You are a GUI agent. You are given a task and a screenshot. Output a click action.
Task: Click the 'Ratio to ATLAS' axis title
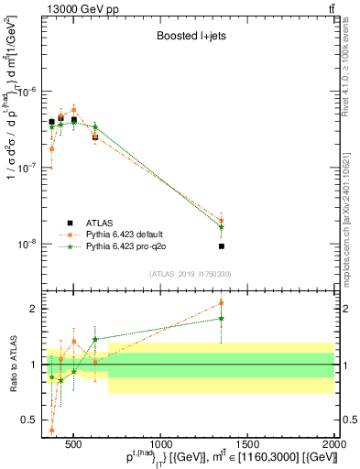coord(12,364)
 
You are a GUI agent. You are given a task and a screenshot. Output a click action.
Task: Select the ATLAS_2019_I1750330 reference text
coord(190,274)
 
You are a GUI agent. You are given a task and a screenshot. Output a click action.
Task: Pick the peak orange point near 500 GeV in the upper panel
coord(74,109)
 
